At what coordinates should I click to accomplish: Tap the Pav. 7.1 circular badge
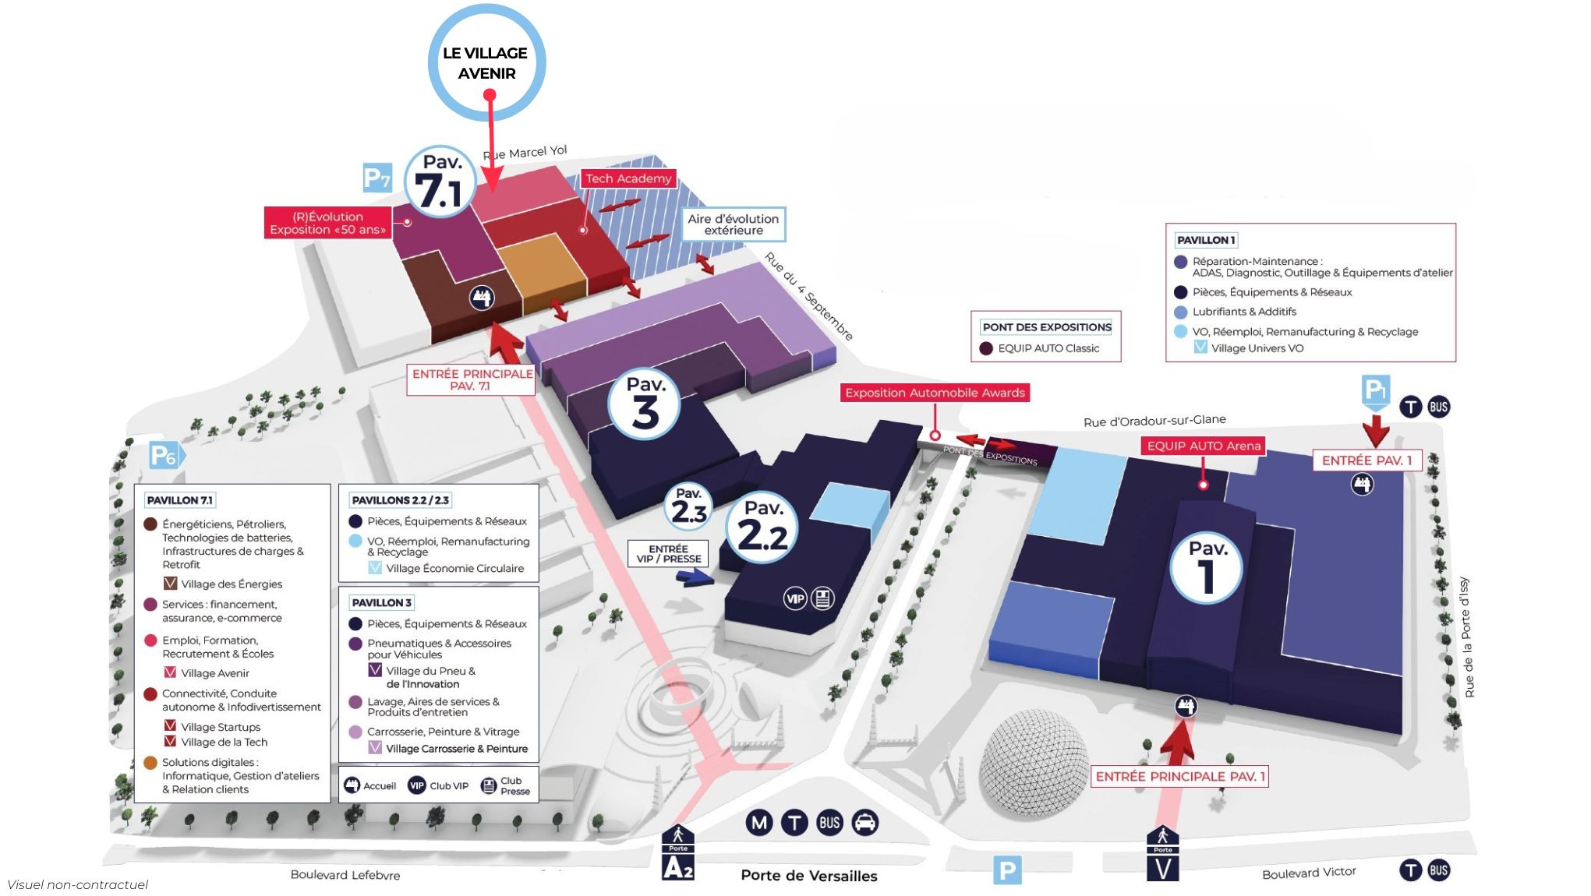click(440, 182)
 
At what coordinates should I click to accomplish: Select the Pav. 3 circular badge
click(644, 404)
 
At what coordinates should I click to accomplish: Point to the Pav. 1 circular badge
click(1207, 567)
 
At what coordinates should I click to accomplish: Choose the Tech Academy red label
click(628, 178)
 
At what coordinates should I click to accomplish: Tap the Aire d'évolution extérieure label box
click(733, 224)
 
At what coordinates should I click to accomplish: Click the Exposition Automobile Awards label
click(935, 393)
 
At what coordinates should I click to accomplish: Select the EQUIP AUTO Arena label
click(1204, 446)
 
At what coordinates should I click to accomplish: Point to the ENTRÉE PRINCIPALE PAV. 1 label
click(1179, 776)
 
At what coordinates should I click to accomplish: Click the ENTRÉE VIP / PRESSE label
click(668, 553)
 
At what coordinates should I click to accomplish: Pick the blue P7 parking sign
click(377, 178)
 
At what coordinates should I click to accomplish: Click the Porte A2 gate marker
click(678, 854)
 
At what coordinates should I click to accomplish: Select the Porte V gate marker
click(1162, 855)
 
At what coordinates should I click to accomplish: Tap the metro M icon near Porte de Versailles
click(759, 823)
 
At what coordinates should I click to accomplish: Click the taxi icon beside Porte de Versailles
click(865, 823)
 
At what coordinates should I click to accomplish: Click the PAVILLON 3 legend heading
click(381, 602)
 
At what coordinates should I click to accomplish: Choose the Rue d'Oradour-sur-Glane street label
click(1154, 421)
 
